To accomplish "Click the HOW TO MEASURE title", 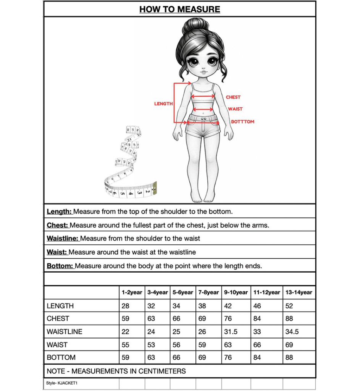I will [x=179, y=9].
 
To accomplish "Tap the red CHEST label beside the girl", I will [x=233, y=97].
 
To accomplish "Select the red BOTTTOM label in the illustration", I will [x=242, y=122].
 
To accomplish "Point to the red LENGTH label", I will [x=163, y=104].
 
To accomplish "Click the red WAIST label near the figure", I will [x=235, y=109].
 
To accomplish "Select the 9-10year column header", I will [x=236, y=292].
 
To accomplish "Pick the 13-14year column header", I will [x=299, y=292].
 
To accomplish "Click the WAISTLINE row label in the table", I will [x=65, y=332].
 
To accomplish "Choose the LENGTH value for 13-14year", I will [x=289, y=306].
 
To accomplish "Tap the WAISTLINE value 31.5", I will [x=231, y=332].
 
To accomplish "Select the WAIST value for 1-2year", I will [x=125, y=345].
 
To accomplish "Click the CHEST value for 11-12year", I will [x=257, y=319].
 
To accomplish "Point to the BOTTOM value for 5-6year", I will [x=176, y=358].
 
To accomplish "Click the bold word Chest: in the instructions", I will [x=57, y=225].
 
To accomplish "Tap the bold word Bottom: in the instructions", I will [x=60, y=266].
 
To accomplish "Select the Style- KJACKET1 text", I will [x=59, y=383].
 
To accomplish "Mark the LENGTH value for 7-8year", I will [x=202, y=306].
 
